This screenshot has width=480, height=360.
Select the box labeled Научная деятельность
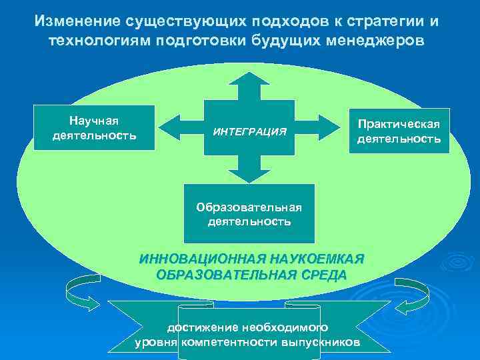(94, 129)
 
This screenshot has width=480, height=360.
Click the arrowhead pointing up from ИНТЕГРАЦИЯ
(249, 79)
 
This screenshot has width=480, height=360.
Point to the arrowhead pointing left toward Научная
(169, 125)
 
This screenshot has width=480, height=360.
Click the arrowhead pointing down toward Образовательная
(249, 175)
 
